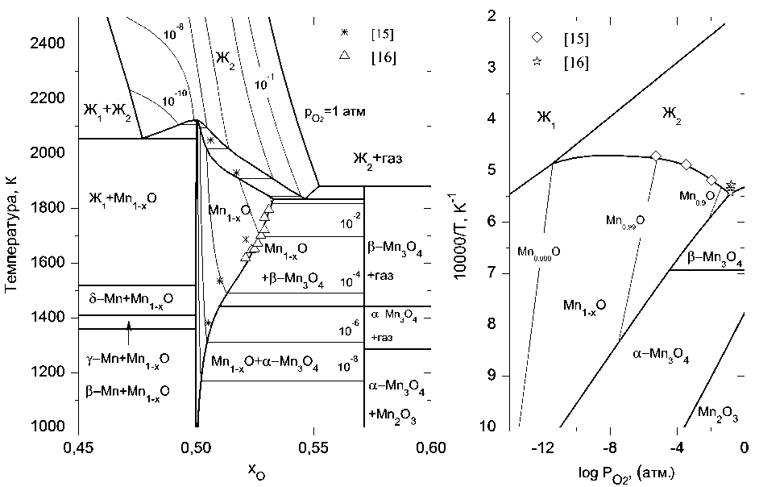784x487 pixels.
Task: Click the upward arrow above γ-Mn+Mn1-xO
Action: [128, 326]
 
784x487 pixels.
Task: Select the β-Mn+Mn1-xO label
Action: [127, 393]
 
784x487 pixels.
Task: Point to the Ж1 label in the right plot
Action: [548, 118]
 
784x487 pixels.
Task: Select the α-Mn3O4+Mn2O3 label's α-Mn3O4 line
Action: [396, 389]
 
